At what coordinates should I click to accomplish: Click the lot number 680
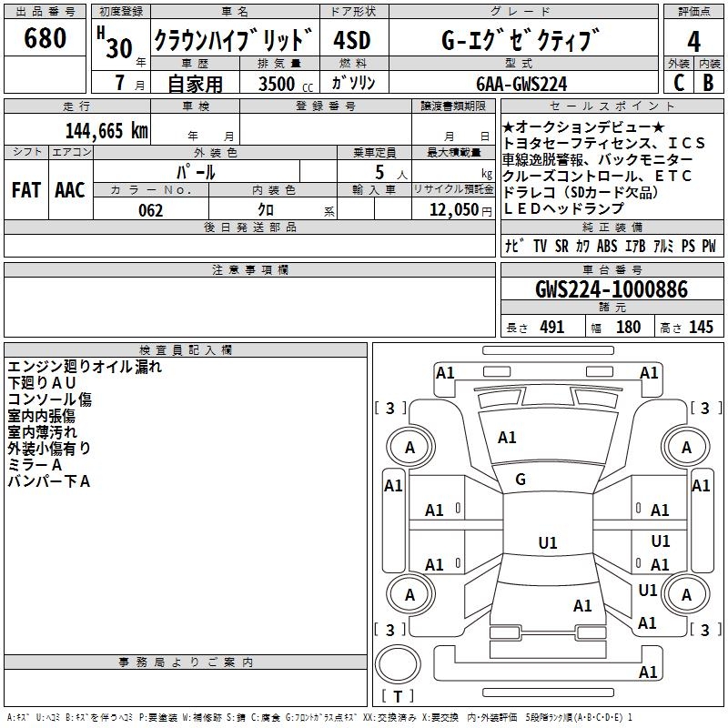[x=45, y=39]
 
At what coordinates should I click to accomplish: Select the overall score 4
[x=694, y=41]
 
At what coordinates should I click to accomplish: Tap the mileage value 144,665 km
[x=106, y=131]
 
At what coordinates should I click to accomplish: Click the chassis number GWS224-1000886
[x=612, y=289]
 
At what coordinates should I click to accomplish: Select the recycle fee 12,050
[x=453, y=210]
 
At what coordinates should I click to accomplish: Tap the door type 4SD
[x=352, y=40]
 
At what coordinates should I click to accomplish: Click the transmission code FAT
[x=25, y=190]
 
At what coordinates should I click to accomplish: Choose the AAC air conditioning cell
[x=70, y=190]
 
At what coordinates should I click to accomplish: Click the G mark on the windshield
[x=521, y=480]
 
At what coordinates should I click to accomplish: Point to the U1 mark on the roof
[x=548, y=543]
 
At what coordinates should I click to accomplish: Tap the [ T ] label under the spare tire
[x=397, y=697]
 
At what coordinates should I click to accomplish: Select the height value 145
[x=701, y=328]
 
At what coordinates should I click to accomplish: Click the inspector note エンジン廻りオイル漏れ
[x=85, y=367]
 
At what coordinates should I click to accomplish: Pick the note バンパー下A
[x=49, y=481]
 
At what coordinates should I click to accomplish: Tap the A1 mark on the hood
[x=507, y=438]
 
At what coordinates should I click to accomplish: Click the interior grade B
[x=708, y=82]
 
